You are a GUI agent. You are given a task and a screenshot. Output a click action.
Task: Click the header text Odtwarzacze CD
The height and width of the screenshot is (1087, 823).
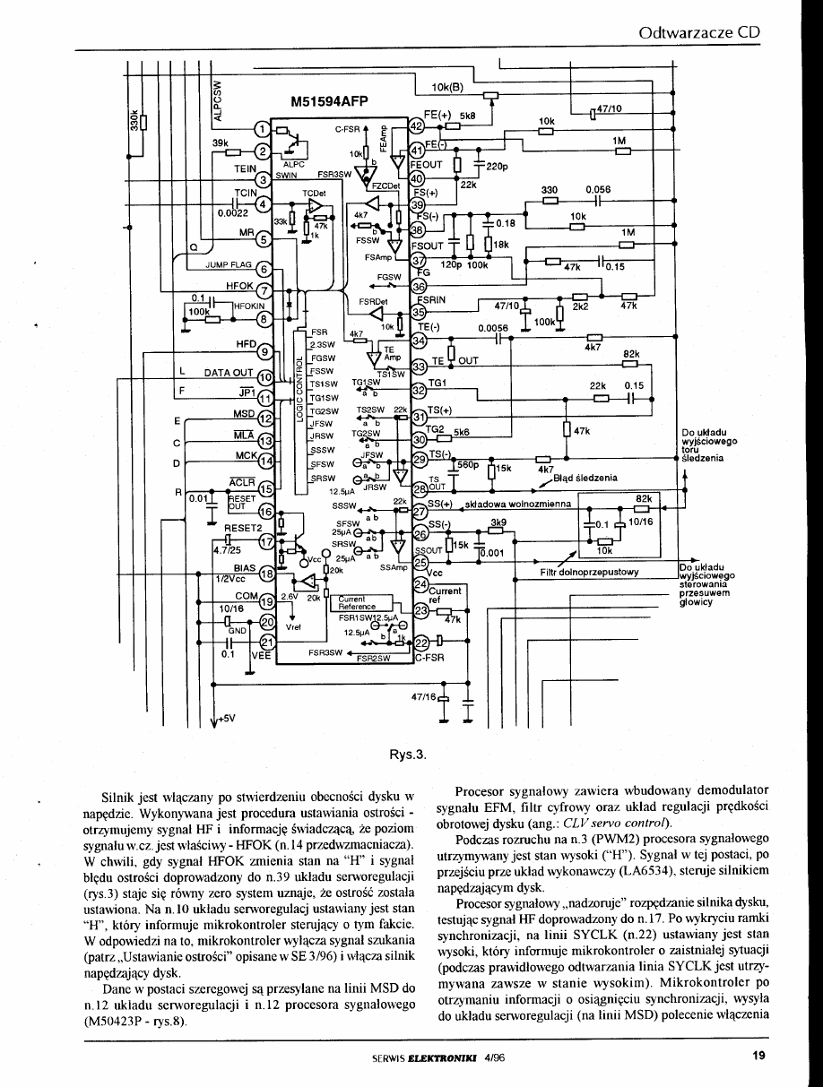click(x=699, y=33)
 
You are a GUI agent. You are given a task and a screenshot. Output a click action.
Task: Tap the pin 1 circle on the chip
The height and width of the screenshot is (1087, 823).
click(x=262, y=131)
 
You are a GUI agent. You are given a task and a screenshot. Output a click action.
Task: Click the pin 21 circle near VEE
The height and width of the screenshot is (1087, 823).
click(x=266, y=642)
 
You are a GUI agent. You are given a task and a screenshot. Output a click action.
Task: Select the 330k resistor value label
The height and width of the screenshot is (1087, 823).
click(x=134, y=119)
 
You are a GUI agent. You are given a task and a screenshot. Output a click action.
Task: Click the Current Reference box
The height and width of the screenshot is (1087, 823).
click(x=357, y=604)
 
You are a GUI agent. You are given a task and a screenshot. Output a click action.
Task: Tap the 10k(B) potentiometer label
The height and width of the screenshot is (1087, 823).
click(x=446, y=88)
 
